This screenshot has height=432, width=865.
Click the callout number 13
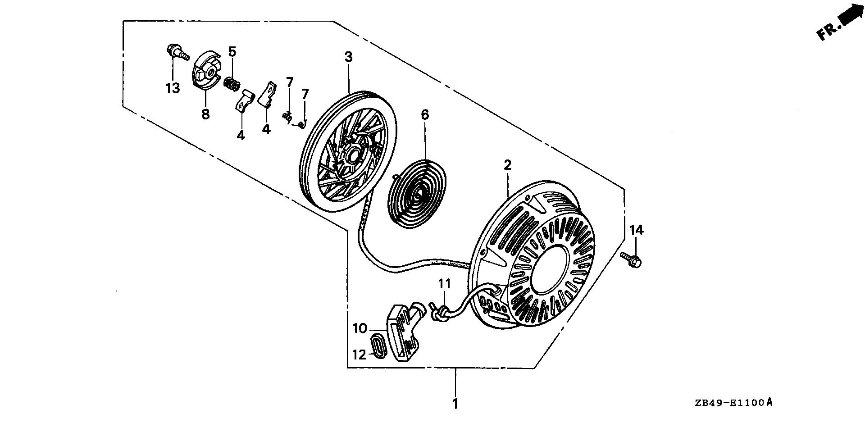[173, 88]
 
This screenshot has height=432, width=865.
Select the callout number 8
[205, 114]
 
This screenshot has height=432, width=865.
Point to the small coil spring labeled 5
[232, 83]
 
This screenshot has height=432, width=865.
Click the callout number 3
[349, 57]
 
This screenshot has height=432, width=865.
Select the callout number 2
[508, 165]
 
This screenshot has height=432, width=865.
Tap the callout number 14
[637, 230]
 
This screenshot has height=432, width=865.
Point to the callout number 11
[445, 284]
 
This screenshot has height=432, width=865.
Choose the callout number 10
[360, 328]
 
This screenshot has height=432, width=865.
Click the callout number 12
[359, 355]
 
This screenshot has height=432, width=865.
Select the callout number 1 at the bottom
[455, 403]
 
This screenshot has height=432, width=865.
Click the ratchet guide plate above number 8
[205, 72]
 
